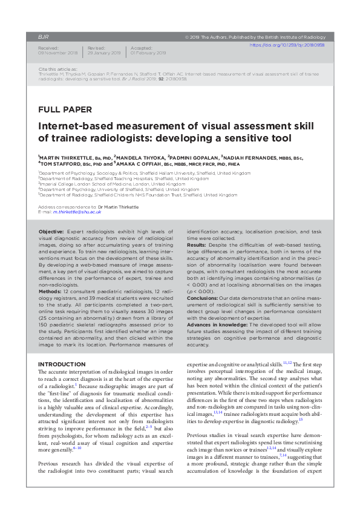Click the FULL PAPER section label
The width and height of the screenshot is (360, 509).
(65, 110)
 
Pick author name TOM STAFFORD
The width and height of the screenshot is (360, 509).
(60, 163)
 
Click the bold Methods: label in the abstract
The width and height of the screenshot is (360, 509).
(54, 291)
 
